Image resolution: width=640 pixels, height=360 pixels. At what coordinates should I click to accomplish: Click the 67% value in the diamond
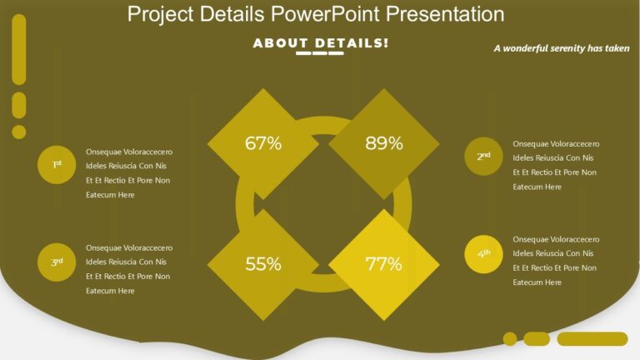pos(262,143)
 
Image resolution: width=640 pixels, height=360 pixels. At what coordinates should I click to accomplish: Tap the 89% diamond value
pos(383,143)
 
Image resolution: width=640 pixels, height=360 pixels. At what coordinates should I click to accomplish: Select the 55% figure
pos(262,265)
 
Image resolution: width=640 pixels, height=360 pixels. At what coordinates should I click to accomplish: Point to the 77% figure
pos(383,265)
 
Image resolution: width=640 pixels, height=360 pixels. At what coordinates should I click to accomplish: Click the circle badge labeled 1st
pos(57,165)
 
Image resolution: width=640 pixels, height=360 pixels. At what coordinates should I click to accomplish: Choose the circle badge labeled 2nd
pos(483,157)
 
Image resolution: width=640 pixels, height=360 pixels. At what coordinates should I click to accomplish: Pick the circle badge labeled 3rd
pos(57,262)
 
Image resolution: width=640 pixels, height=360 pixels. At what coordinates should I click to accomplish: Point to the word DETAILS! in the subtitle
pos(352,42)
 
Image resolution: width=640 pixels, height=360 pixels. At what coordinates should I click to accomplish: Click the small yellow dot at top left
pos(19,132)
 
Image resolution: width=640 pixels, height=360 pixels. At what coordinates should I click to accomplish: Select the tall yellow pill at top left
pos(19,50)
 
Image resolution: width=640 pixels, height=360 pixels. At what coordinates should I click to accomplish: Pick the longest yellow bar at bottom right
pos(592,338)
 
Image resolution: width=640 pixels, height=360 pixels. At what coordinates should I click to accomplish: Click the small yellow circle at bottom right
pos(510,338)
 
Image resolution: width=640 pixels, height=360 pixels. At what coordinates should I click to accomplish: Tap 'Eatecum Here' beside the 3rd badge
pos(110,291)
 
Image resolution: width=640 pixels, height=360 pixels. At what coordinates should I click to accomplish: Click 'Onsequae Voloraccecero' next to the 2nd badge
pos(556,143)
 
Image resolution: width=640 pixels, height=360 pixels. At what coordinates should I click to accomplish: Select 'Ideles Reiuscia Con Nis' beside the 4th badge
pos(553,253)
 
